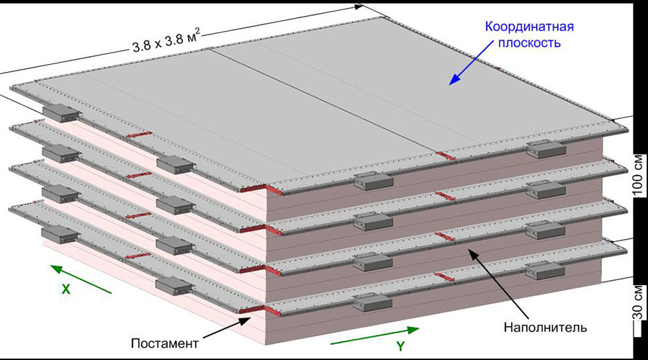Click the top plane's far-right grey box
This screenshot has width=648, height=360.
pyautogui.click(x=546, y=150)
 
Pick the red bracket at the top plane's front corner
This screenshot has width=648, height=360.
pyautogui.click(x=253, y=189)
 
